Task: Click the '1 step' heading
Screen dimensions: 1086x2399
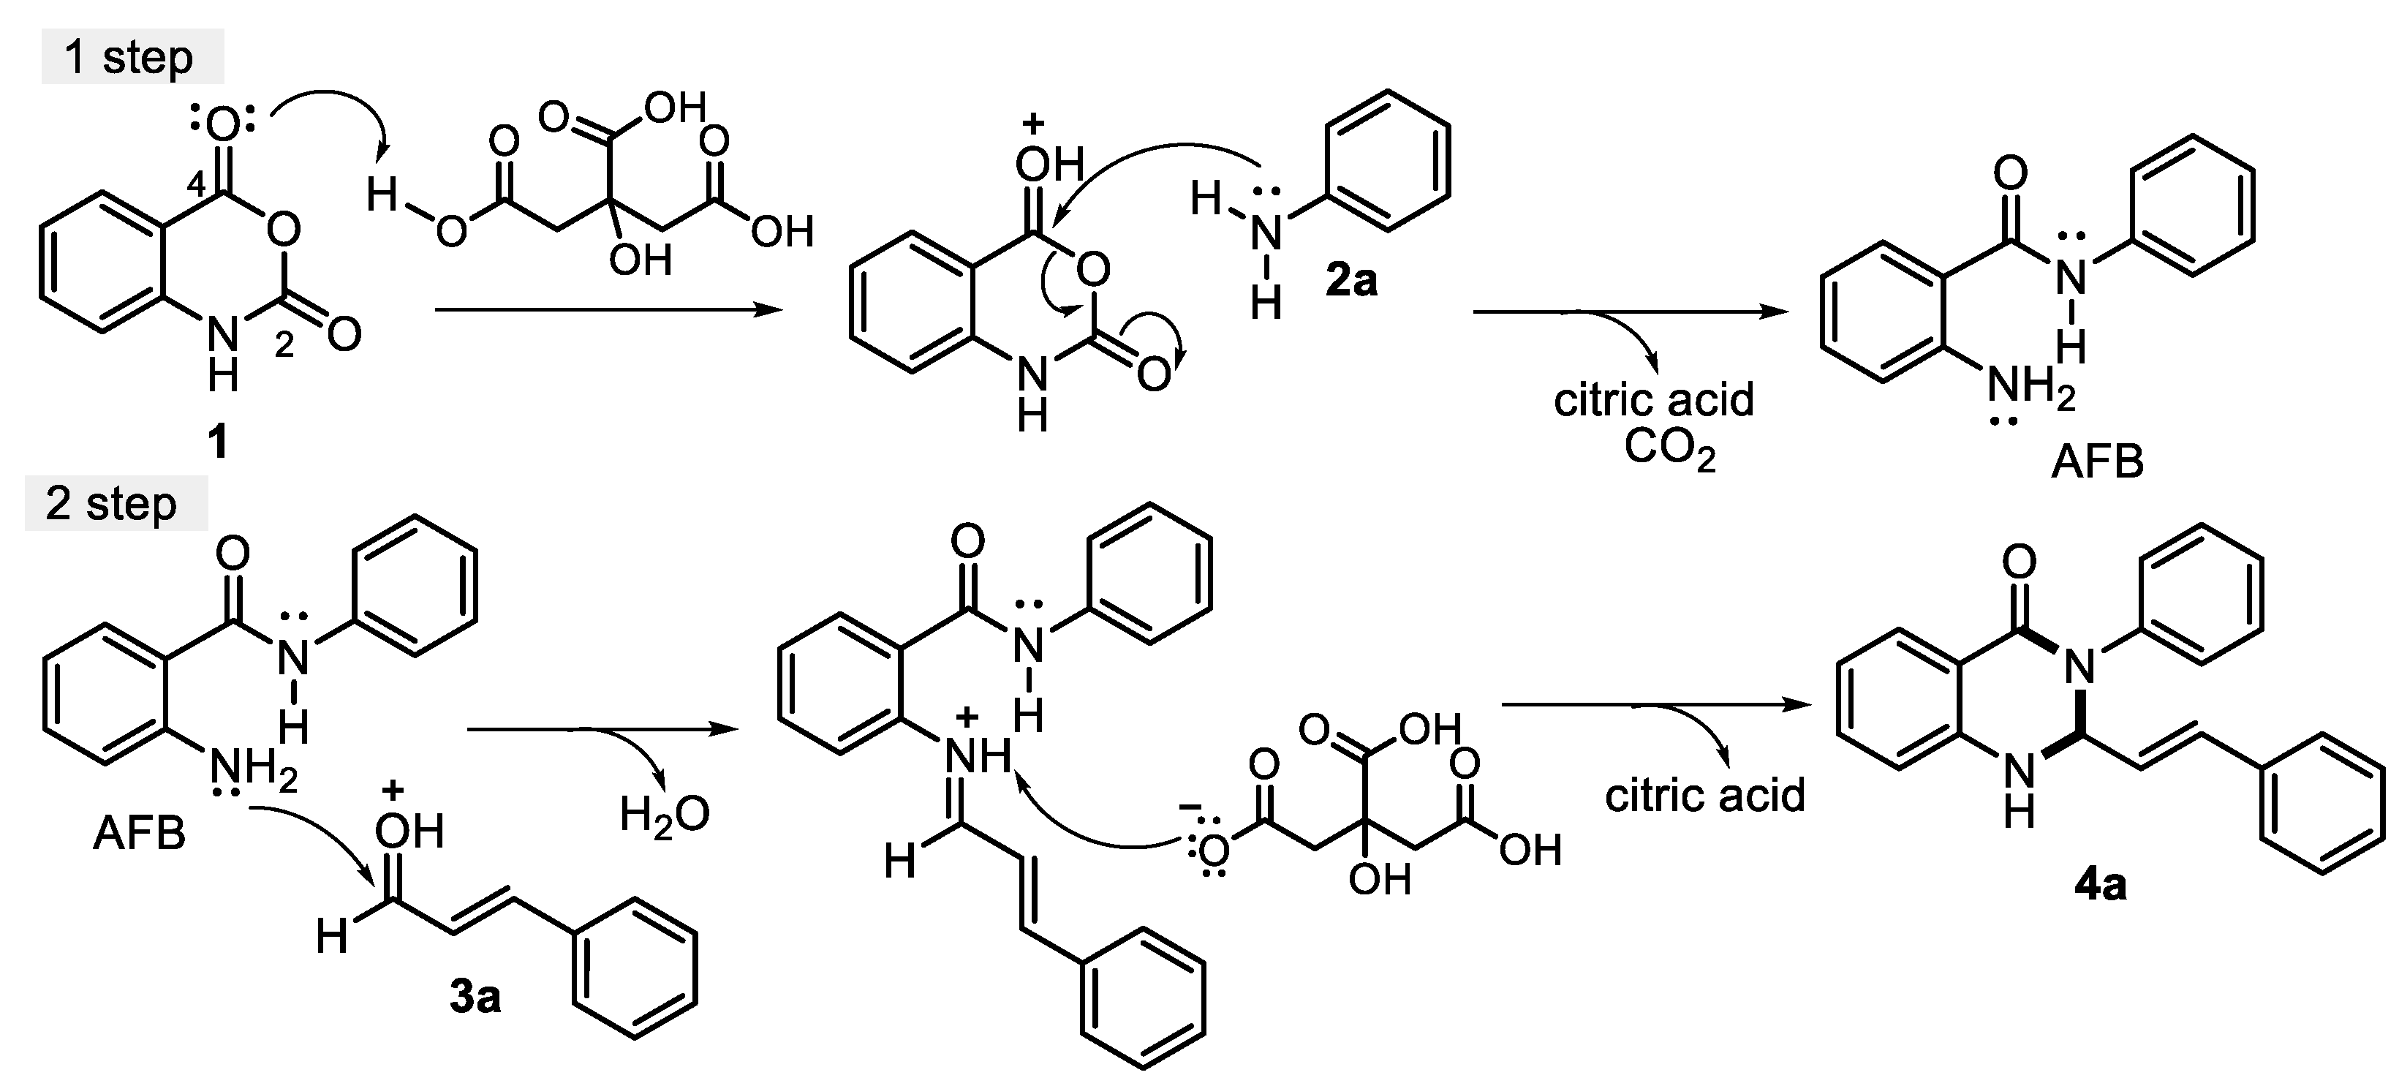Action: click(129, 58)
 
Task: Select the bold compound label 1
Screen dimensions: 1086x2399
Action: click(218, 440)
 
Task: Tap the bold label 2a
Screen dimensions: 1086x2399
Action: click(1351, 279)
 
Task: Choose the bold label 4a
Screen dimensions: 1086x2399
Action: click(2101, 885)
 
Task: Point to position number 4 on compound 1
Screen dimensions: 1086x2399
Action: click(197, 184)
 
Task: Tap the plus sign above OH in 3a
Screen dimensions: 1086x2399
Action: click(393, 791)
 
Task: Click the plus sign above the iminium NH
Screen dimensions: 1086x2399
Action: click(969, 715)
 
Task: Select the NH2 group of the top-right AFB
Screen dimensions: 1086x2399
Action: click(2030, 388)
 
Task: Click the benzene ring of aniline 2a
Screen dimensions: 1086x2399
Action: click(1389, 159)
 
